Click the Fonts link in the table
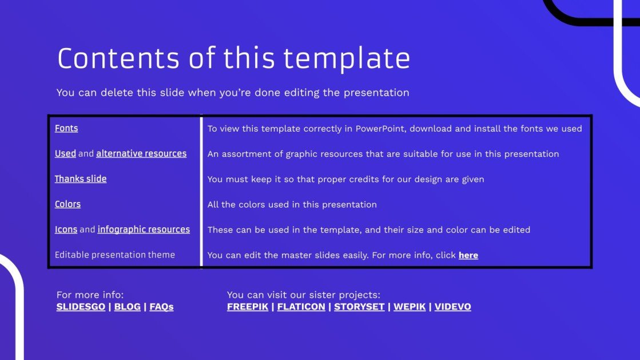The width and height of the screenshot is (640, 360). (66, 128)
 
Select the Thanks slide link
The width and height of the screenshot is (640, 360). (81, 179)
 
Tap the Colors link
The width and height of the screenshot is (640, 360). (67, 204)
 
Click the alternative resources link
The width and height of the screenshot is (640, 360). (141, 153)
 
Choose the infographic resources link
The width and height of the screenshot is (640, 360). (144, 230)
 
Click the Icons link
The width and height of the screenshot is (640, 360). (66, 230)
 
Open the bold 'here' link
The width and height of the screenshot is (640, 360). (468, 255)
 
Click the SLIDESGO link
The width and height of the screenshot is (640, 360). (81, 307)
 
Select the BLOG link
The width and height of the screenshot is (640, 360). (127, 307)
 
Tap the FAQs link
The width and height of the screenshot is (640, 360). (161, 307)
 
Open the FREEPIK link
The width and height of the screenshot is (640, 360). (248, 307)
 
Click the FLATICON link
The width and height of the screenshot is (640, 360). (301, 307)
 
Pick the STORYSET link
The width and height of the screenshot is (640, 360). (359, 307)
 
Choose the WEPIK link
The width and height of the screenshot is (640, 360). (410, 307)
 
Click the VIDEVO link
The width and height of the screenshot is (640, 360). (452, 307)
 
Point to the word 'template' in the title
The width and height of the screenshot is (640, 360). (347, 58)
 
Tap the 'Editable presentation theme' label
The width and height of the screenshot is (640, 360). (115, 255)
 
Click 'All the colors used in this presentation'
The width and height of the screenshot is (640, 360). (292, 204)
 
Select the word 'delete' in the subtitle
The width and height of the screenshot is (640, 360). (117, 93)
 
